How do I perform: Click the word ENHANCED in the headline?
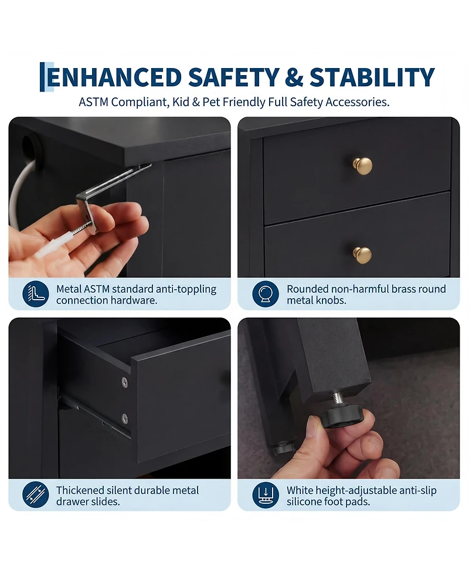(x=114, y=77)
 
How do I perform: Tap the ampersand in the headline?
(x=294, y=77)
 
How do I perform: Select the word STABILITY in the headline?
(x=372, y=77)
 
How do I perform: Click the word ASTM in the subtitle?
(x=94, y=102)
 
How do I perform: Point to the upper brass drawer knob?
(x=363, y=166)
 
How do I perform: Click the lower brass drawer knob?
(x=362, y=255)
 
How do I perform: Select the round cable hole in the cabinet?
(x=29, y=148)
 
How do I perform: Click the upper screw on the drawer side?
(x=125, y=382)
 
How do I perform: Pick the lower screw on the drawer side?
(x=125, y=418)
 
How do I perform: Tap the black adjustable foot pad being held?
(x=339, y=416)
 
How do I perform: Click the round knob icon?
(x=266, y=294)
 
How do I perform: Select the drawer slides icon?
(x=35, y=494)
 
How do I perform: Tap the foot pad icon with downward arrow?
(x=266, y=494)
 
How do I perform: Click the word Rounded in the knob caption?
(x=308, y=289)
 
